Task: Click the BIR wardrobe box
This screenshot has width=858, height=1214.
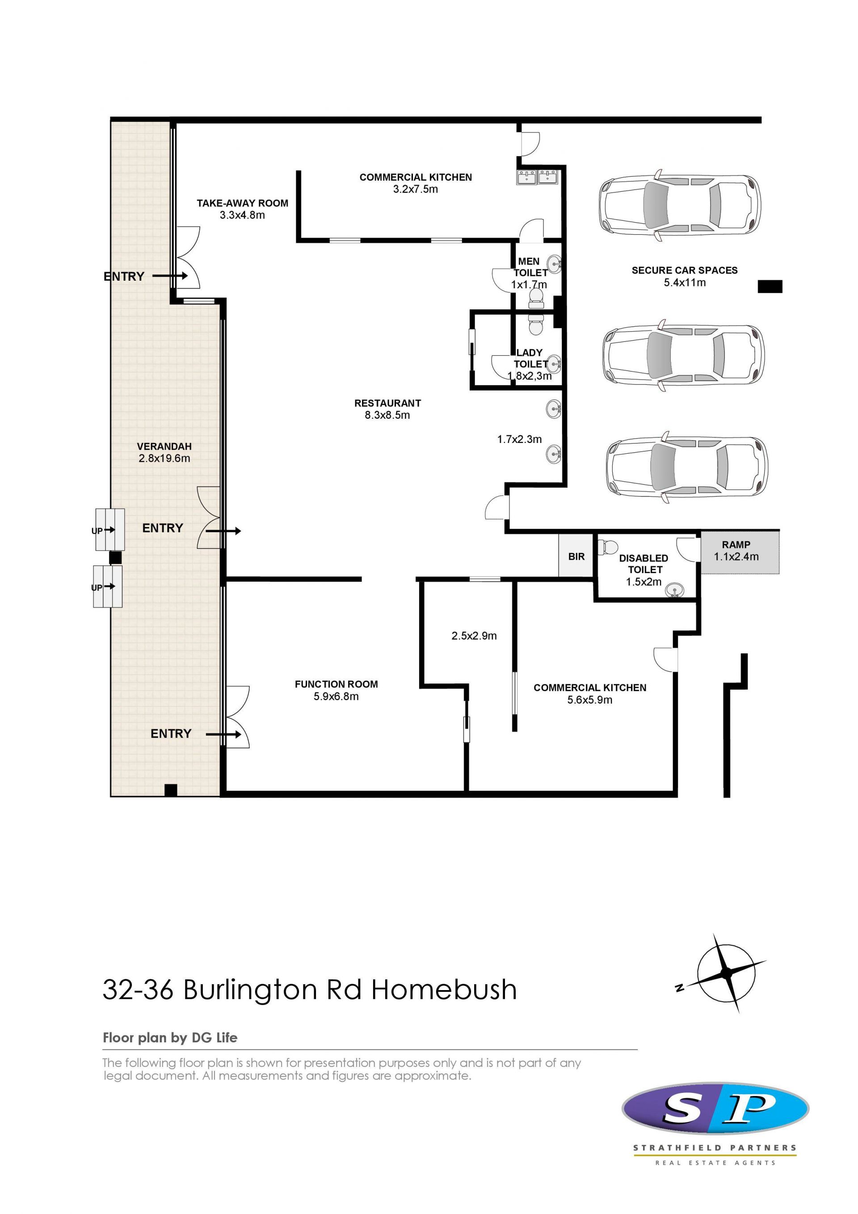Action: click(x=576, y=556)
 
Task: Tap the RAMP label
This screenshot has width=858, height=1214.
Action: click(x=736, y=544)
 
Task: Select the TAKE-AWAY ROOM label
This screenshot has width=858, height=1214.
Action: click(x=243, y=203)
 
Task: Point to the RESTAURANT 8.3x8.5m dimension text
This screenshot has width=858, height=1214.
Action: click(x=387, y=415)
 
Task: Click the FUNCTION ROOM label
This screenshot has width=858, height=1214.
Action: click(x=336, y=684)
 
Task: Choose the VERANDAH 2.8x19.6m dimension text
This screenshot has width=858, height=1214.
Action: click(x=164, y=459)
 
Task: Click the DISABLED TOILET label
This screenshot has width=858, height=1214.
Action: click(x=644, y=564)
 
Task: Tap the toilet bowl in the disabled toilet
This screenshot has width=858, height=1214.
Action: click(x=610, y=545)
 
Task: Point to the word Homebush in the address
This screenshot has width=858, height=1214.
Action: click(x=444, y=989)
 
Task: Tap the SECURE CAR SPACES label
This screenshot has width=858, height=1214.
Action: click(x=685, y=270)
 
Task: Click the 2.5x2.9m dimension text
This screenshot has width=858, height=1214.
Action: click(x=474, y=636)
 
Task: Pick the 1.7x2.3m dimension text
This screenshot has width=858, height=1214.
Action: click(x=520, y=439)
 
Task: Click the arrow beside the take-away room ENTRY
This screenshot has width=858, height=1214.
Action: click(x=170, y=275)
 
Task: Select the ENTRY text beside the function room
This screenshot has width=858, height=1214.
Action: click(x=171, y=733)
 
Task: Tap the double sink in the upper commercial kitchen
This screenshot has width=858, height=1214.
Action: click(x=537, y=177)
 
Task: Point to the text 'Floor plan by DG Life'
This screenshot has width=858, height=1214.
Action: click(x=170, y=1038)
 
